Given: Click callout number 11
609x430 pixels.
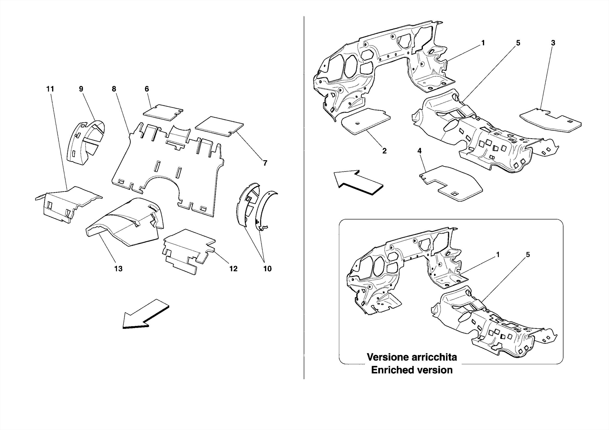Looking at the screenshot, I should click(x=50, y=89).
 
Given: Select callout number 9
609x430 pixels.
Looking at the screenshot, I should click(x=81, y=89).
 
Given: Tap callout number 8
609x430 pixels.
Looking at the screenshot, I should click(x=114, y=89).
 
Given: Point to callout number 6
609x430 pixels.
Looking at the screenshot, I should click(x=147, y=89).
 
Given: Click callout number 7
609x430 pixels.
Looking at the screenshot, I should click(x=265, y=163).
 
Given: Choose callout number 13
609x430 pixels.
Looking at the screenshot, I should click(x=118, y=269).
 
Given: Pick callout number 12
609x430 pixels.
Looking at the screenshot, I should click(x=233, y=269).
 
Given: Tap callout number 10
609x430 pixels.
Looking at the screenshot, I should click(x=267, y=269).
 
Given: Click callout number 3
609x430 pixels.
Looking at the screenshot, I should click(x=553, y=43).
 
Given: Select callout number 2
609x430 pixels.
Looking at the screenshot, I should click(x=384, y=151).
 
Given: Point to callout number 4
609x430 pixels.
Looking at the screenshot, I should click(x=419, y=151).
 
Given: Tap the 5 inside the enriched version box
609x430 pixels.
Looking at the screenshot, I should click(x=528, y=255).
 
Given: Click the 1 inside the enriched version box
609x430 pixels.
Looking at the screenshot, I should click(x=497, y=255).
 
